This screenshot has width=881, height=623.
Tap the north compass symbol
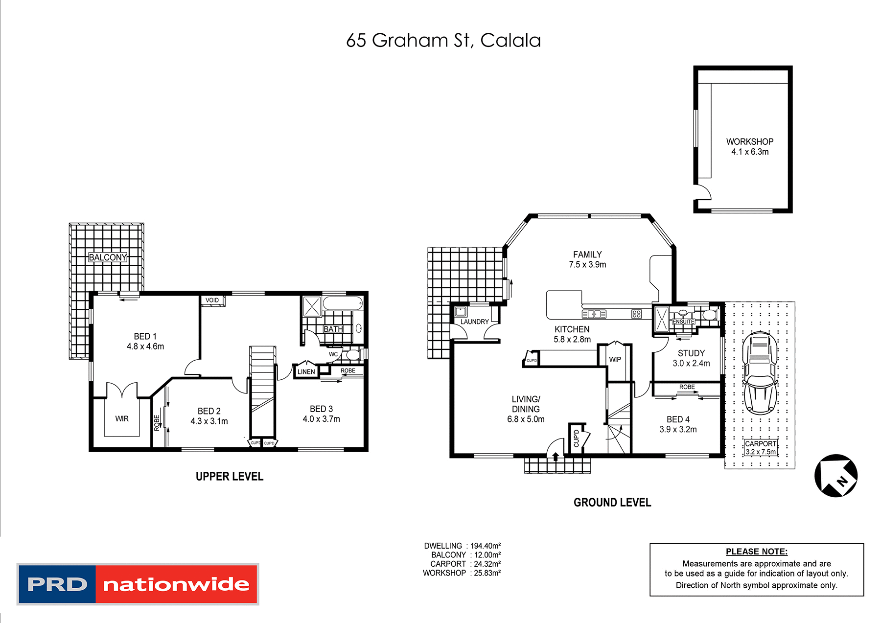click(x=836, y=476)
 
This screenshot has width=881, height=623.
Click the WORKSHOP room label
click(x=749, y=141)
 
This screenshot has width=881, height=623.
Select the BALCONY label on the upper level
click(x=108, y=257)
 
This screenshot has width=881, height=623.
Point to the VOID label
click(x=212, y=300)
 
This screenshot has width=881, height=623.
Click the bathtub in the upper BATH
click(x=343, y=303)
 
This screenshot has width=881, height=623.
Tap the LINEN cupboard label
click(x=306, y=372)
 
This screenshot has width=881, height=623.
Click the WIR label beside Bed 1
click(x=122, y=419)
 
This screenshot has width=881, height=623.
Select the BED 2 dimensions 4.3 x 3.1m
click(x=209, y=421)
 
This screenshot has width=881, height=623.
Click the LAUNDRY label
click(x=474, y=322)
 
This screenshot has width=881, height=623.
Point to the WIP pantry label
click(x=615, y=360)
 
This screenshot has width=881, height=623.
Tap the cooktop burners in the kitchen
click(x=636, y=314)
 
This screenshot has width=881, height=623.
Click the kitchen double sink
click(x=594, y=314)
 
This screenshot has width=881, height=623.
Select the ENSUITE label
click(x=683, y=322)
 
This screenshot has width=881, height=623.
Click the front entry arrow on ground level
click(x=556, y=457)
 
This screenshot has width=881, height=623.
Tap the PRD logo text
click(x=57, y=584)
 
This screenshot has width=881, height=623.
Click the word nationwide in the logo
click(x=176, y=584)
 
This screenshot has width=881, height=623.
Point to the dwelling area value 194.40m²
click(x=485, y=546)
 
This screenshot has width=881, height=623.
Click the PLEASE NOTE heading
click(x=756, y=552)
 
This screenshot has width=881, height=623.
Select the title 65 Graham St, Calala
click(x=443, y=41)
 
